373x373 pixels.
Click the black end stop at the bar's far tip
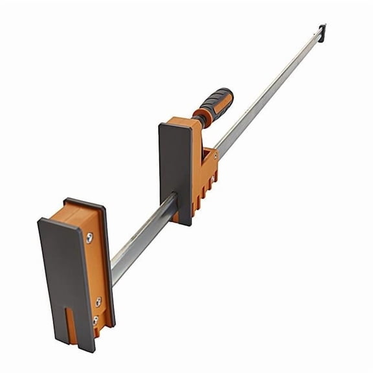tap(322, 31)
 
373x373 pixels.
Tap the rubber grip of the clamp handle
tap(216, 102)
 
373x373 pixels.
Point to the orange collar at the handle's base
tap(199, 119)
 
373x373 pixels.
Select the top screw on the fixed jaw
tap(89, 237)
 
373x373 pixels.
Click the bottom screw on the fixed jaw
tap(95, 320)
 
